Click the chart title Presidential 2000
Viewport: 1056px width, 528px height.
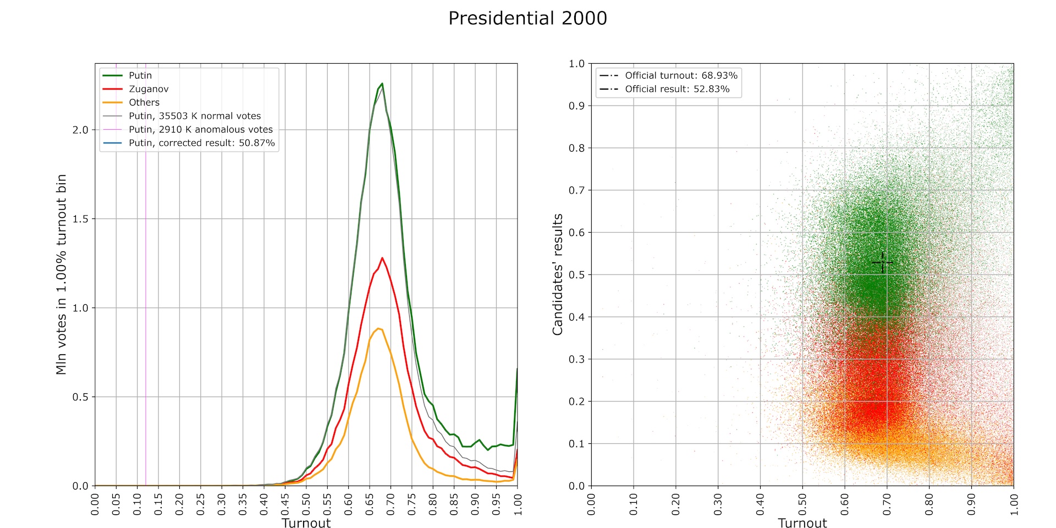(527, 18)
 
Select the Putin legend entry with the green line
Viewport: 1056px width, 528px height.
(140, 75)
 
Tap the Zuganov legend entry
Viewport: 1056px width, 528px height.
(148, 89)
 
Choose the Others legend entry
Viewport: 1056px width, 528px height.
(144, 102)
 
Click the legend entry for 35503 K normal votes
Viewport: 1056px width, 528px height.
(195, 116)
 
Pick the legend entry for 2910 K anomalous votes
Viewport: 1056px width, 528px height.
(201, 129)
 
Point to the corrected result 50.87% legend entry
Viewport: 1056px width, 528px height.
(201, 143)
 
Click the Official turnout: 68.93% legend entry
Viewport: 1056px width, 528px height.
(681, 75)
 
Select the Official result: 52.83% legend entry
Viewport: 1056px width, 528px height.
(677, 89)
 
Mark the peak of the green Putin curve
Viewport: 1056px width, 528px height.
(382, 84)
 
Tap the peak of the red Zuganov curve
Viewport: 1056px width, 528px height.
(382, 257)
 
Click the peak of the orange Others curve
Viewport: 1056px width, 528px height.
(378, 328)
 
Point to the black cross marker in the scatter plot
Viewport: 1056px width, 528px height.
(882, 263)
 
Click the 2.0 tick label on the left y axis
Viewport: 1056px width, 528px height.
(80, 130)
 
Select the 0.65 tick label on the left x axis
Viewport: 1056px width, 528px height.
(370, 504)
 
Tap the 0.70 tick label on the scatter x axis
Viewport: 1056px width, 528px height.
(887, 504)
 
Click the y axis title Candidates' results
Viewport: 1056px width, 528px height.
(558, 274)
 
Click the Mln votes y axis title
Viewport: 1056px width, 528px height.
(61, 274)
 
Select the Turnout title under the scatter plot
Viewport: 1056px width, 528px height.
(802, 523)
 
